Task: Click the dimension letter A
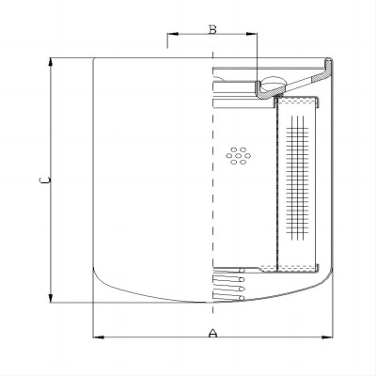click(212, 333)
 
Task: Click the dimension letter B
click(212, 29)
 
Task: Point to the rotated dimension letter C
click(45, 180)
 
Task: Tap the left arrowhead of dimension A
click(99, 337)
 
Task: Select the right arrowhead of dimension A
click(327, 337)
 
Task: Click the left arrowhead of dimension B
click(173, 34)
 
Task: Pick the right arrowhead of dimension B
click(252, 34)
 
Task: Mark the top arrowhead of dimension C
click(51, 63)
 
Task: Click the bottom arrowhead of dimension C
click(51, 298)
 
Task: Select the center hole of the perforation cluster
click(238, 156)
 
